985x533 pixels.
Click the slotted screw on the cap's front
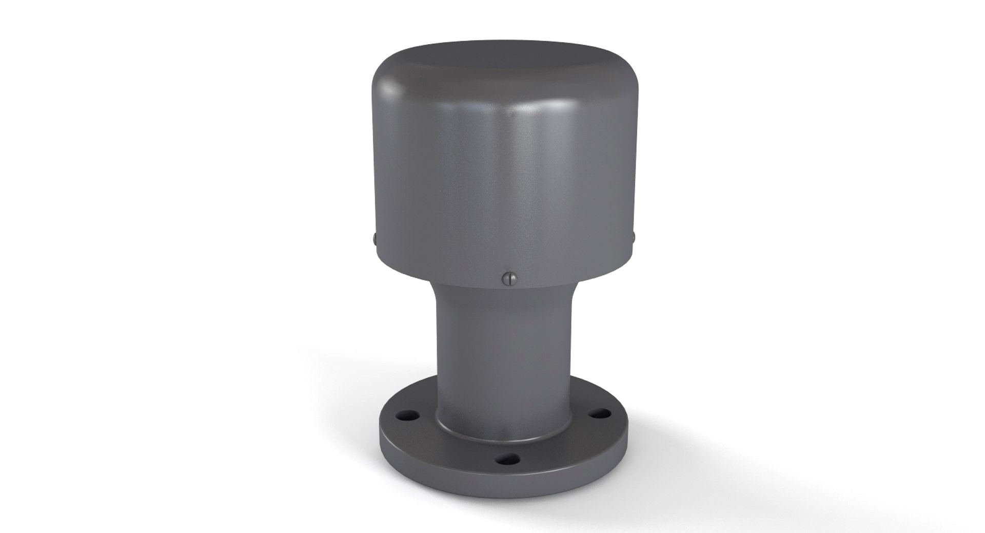pos(508,278)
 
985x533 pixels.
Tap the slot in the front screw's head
pos(508,278)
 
